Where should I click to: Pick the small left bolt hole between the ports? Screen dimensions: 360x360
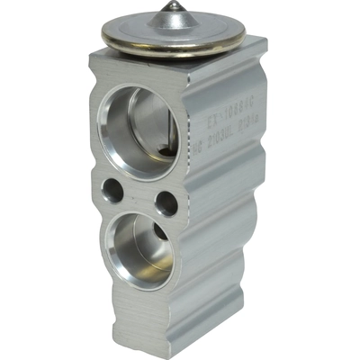point(112,190)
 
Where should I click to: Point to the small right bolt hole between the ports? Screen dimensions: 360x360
point(166,202)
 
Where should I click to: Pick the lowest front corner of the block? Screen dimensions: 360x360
point(184,349)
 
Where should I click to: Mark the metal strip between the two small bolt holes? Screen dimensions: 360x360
point(139,196)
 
